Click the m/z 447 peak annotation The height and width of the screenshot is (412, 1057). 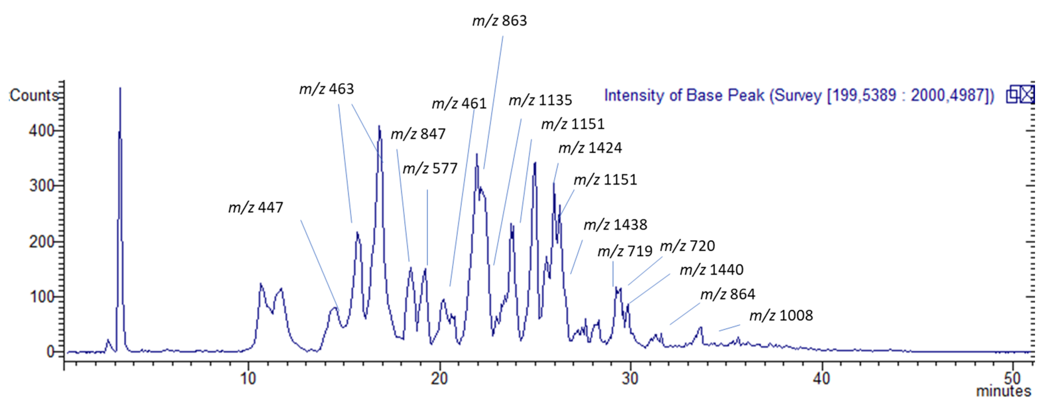coord(256,207)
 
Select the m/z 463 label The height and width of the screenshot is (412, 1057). coord(326,89)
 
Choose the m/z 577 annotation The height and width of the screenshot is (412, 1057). coord(430,169)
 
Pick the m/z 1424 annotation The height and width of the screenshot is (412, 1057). coord(590,148)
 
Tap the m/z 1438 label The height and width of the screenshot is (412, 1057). coord(615,225)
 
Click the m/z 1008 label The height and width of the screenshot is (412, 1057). coord(781,316)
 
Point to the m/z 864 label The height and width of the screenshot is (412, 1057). coord(727,294)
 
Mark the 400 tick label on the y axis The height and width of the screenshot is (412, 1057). coord(41,131)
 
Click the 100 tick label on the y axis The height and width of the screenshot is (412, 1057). coord(41,297)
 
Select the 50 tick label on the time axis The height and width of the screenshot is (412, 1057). coord(1012,378)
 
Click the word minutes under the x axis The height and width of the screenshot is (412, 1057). coord(1003,391)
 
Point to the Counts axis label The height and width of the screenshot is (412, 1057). coord(34,96)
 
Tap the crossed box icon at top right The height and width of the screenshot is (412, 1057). coord(1027,95)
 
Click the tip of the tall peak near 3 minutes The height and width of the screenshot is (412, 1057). coord(120,88)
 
